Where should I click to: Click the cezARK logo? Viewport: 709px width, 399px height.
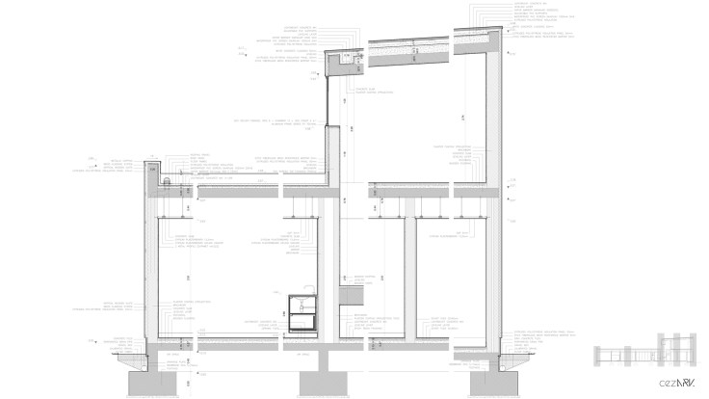[677, 382]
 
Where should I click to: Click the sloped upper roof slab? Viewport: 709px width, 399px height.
[424, 43]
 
